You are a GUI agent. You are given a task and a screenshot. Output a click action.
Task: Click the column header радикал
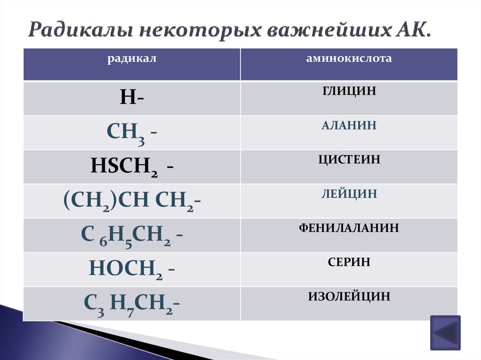[132, 59]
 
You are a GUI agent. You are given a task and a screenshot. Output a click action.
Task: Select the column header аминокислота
[349, 59]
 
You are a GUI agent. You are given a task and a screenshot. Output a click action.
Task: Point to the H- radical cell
[132, 98]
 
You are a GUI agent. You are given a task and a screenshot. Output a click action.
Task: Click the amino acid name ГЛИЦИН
[349, 91]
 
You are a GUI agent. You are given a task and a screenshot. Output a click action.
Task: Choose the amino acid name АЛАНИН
[349, 125]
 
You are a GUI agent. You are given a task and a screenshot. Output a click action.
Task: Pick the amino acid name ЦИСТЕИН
[349, 160]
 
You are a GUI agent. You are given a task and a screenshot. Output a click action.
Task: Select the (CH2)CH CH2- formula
[132, 201]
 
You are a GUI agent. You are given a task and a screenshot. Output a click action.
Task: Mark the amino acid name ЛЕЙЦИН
[349, 194]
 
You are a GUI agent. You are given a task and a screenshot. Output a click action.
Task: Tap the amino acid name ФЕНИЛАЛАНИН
[349, 228]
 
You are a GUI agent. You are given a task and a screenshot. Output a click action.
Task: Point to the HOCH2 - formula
[132, 269]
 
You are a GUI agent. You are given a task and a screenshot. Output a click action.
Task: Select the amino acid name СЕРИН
[349, 262]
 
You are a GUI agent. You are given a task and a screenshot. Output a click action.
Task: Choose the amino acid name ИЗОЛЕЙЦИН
[349, 297]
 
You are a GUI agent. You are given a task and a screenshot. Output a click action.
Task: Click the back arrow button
[445, 332]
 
